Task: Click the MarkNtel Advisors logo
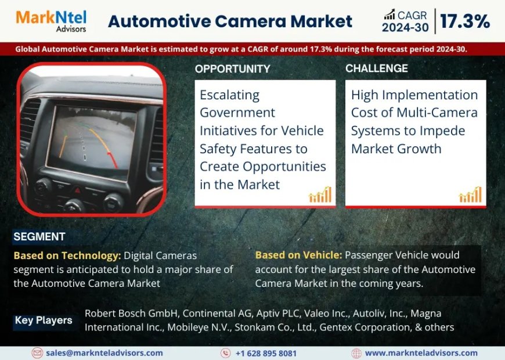51,21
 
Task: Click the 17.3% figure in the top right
464,21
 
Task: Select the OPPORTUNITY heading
232,69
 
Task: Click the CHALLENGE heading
377,69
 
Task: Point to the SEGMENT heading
39,237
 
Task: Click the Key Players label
44,320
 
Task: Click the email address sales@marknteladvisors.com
105,353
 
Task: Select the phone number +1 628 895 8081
266,353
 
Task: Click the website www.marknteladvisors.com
421,353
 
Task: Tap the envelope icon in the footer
37,353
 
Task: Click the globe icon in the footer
356,353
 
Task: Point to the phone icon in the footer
226,353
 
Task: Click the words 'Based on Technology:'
67,255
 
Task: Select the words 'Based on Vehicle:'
298,255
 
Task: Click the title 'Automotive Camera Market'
230,21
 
